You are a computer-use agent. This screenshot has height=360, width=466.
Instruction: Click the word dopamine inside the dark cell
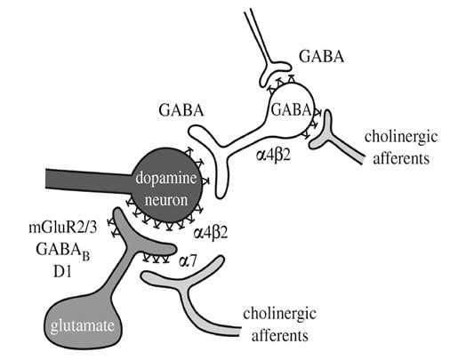166,178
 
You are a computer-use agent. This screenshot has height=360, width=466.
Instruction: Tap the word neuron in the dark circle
166,200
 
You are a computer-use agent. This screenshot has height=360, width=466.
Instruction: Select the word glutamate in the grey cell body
83,326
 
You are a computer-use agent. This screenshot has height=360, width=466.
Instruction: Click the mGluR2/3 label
63,228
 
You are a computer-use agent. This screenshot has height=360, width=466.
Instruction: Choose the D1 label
62,272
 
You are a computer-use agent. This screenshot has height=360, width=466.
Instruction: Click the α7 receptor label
188,260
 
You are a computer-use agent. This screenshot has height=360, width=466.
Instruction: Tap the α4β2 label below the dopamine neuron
211,233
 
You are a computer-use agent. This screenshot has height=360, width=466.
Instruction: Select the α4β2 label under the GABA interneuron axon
273,155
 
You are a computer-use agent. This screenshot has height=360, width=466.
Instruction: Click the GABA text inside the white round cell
291,110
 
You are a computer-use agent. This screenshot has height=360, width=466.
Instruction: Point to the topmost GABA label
322,56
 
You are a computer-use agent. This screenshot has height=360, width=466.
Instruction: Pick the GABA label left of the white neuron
181,110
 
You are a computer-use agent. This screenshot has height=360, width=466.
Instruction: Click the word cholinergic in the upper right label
401,137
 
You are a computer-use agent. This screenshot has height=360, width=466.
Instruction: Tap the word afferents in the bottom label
279,335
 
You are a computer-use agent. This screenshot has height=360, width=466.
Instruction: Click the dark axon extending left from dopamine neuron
89,180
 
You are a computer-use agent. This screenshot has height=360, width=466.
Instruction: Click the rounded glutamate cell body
84,323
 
